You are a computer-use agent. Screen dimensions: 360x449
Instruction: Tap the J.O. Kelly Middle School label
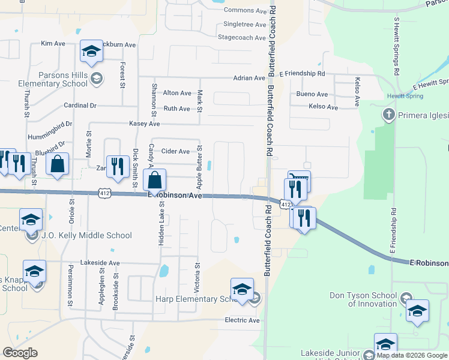pyautogui.click(x=86, y=235)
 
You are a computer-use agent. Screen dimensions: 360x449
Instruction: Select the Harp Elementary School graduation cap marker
pyautogui.click(x=241, y=290)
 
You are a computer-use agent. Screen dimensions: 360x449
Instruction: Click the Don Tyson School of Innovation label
pyautogui.click(x=363, y=299)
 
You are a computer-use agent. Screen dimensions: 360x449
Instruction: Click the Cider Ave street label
pyautogui.click(x=176, y=152)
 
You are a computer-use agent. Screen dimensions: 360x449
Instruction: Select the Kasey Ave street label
pyautogui.click(x=145, y=124)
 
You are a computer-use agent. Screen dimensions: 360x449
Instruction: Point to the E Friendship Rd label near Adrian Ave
pyautogui.click(x=302, y=73)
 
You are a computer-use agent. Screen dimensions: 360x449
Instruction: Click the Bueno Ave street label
pyautogui.click(x=312, y=94)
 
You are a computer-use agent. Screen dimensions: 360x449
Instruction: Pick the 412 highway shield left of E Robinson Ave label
pyautogui.click(x=105, y=193)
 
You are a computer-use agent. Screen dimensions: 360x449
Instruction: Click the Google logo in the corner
pyautogui.click(x=20, y=353)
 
